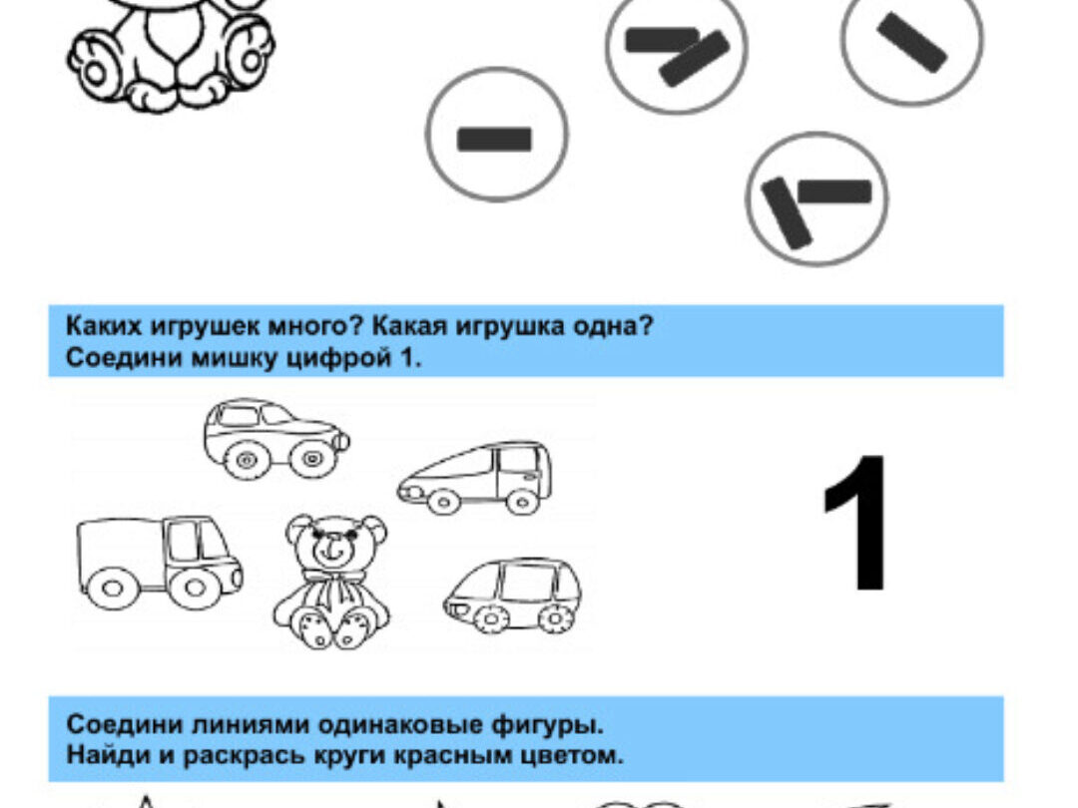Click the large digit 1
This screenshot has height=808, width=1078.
(857, 522)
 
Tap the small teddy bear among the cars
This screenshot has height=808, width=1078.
(332, 582)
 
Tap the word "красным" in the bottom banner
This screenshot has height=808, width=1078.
(465, 754)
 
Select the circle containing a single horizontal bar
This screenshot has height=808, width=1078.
(496, 135)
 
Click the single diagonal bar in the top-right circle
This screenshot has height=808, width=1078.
(911, 43)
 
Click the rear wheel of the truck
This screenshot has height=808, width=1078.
(114, 588)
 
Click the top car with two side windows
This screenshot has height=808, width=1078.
(276, 438)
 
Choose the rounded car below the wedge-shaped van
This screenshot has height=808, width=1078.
(512, 595)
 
